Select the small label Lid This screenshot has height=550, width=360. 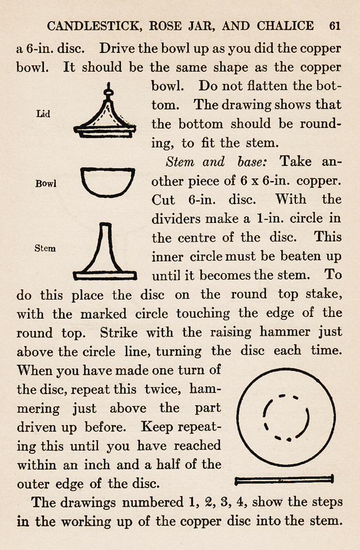tap(43, 114)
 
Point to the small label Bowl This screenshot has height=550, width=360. tap(46, 184)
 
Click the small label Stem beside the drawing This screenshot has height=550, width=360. tap(45, 248)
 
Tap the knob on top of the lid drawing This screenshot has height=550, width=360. tap(108, 90)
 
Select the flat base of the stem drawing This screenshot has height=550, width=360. tap(105, 275)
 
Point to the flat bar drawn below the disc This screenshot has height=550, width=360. tap(283, 480)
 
